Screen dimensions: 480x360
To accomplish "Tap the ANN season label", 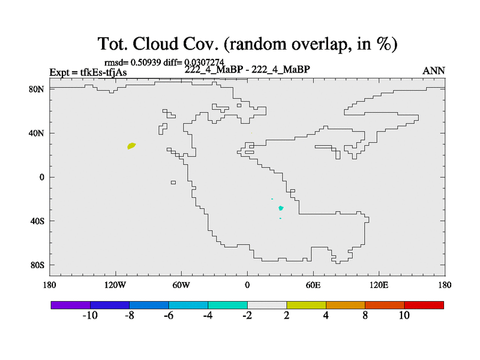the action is point(433,71).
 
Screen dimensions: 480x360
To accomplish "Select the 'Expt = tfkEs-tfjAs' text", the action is point(88,72).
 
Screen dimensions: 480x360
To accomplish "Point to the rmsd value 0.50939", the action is point(146,62).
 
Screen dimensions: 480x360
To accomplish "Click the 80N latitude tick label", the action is point(37,89).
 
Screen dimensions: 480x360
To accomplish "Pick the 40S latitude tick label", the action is point(37,221).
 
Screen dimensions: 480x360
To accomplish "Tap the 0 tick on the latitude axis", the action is point(42,177).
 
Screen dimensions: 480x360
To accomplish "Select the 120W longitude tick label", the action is point(115,285).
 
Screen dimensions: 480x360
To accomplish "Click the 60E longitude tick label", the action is point(313,285).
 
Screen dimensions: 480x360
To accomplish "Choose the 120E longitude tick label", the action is point(379,285).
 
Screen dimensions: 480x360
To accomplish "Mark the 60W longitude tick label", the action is point(181,285).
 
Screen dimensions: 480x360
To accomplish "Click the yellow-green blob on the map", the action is point(131,146).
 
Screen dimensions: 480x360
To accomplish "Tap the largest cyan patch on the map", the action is point(281,208).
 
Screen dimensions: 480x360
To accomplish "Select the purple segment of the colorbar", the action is point(71,305).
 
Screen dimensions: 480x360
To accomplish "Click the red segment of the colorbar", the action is point(424,305).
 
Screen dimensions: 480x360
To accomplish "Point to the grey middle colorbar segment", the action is point(267,305).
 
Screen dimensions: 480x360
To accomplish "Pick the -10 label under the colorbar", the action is point(90,316).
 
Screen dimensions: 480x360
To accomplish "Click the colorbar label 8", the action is point(365,316).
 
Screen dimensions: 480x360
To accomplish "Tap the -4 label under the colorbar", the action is point(208,316).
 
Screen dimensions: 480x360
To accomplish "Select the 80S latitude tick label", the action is point(37,265).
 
